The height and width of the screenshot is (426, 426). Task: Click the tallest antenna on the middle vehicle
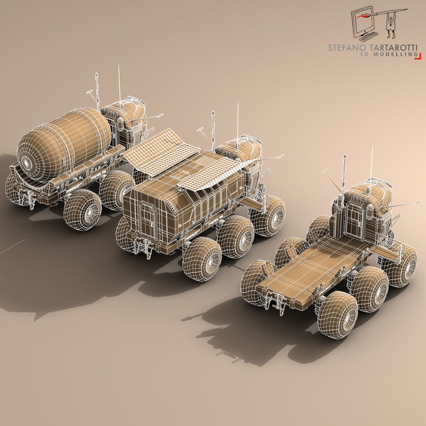pyautogui.click(x=237, y=120)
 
